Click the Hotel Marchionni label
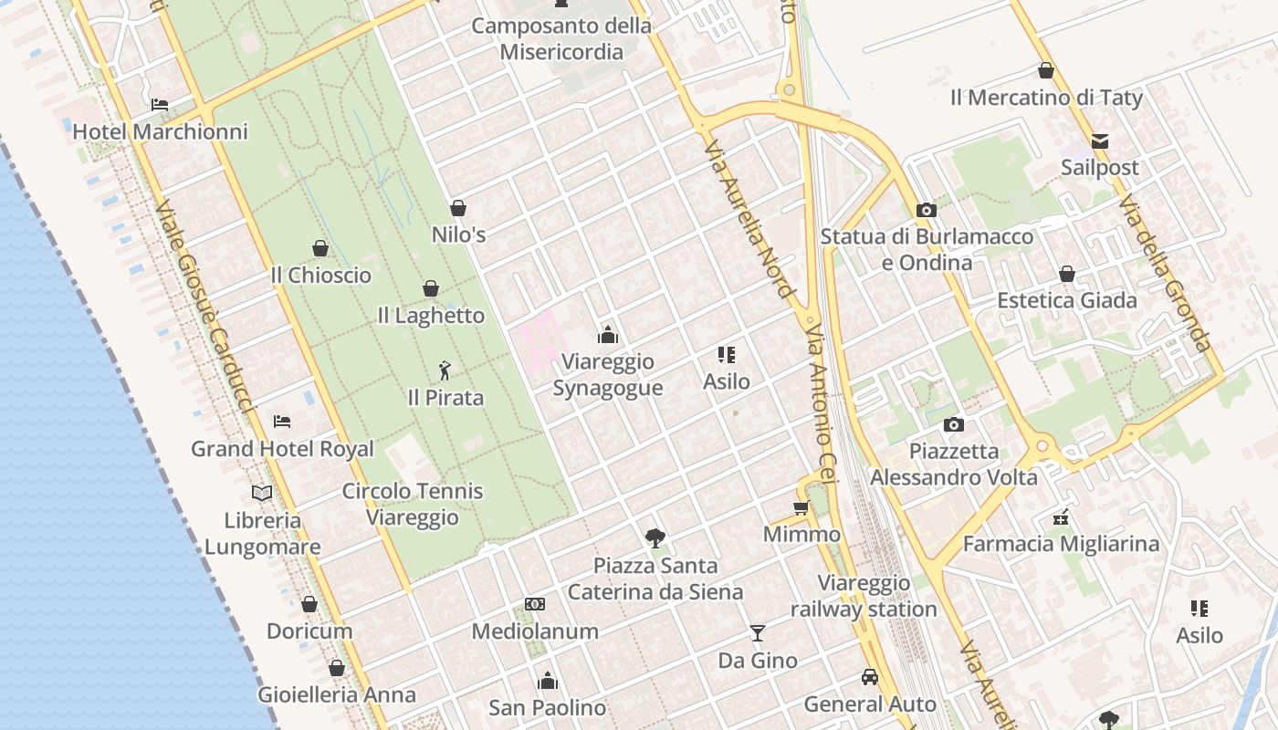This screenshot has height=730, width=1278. pyautogui.click(x=160, y=131)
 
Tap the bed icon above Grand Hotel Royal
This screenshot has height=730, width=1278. pyautogui.click(x=282, y=422)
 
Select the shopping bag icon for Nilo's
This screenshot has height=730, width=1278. pyautogui.click(x=458, y=208)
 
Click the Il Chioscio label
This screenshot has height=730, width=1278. pyautogui.click(x=320, y=275)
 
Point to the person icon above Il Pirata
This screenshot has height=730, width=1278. pyautogui.click(x=445, y=370)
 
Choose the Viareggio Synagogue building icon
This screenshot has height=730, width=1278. pyautogui.click(x=608, y=335)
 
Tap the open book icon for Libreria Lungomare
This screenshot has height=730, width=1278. pyautogui.click(x=262, y=493)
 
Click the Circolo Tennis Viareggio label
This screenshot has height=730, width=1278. pyautogui.click(x=413, y=504)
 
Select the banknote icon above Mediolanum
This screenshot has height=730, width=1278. pyautogui.click(x=535, y=604)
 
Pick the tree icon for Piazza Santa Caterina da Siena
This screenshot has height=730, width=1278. pyautogui.click(x=655, y=537)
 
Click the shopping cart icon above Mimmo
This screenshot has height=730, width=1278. pyautogui.click(x=801, y=507)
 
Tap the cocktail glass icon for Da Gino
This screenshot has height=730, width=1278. pyautogui.click(x=757, y=632)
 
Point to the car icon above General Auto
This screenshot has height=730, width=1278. pyautogui.click(x=870, y=677)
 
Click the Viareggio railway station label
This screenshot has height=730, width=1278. pyautogui.click(x=864, y=596)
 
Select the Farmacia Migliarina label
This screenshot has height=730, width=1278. pyautogui.click(x=1061, y=544)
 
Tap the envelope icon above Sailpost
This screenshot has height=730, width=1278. pyautogui.click(x=1100, y=141)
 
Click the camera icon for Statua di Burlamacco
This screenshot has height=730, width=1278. pyautogui.click(x=927, y=210)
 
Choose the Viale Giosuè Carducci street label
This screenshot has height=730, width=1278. pyautogui.click(x=203, y=306)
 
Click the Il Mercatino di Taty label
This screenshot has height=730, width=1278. pyautogui.click(x=1046, y=97)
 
